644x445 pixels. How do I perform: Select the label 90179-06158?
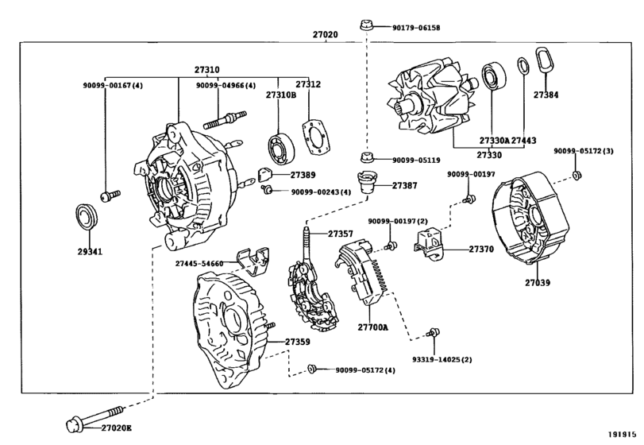coord(415,27)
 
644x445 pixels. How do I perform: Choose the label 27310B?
coord(280,95)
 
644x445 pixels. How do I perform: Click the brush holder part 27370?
coord(431,246)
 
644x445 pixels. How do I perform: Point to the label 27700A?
coord(372,327)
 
